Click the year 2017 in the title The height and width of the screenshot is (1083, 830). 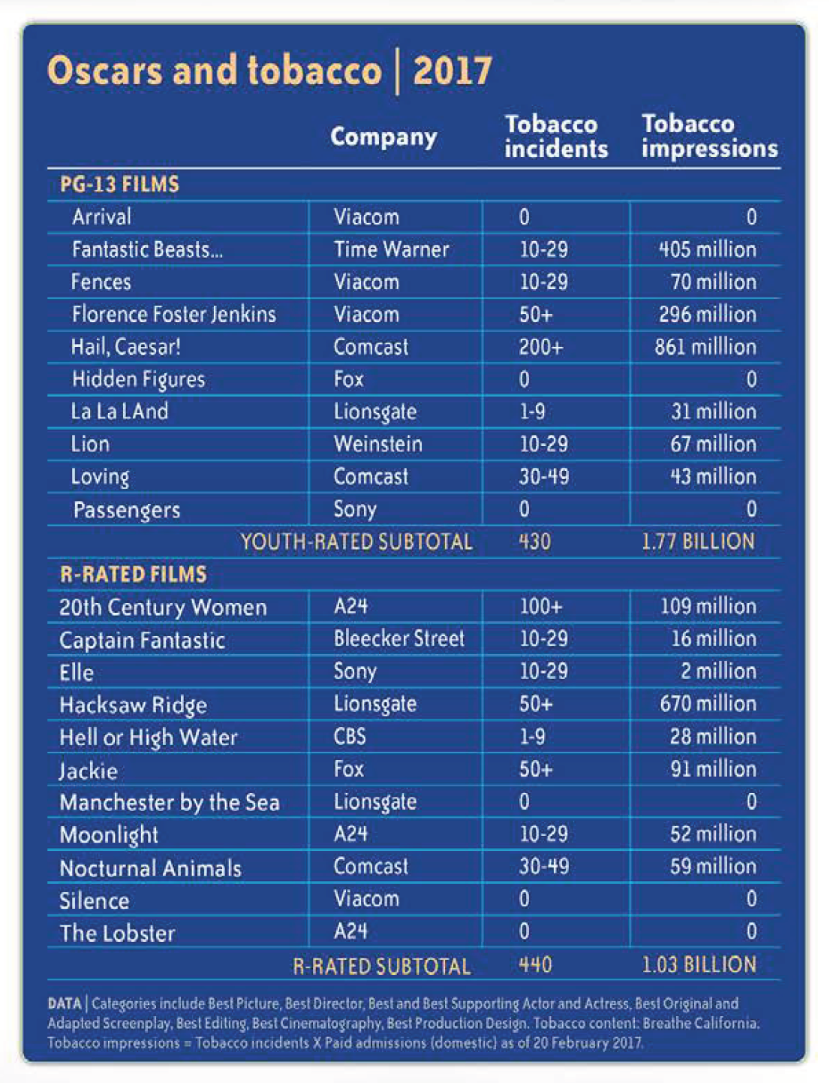pos(452,71)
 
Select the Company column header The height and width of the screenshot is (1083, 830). pos(383,137)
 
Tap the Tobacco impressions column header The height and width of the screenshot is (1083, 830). pos(709,136)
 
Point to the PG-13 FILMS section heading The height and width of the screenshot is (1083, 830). pos(119,185)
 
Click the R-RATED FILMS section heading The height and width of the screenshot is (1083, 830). pos(134,574)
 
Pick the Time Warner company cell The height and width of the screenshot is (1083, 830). pos(391,249)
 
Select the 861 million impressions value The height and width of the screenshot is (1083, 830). pos(705,347)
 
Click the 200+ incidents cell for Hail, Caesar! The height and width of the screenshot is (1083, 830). pos(541,347)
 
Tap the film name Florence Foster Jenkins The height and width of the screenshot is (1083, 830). pos(174,315)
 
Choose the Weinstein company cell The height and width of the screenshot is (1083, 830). pos(378,444)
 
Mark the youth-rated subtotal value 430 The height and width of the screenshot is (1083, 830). pos(535,541)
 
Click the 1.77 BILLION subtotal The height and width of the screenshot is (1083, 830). pos(699,541)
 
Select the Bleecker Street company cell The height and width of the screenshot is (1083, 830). pos(399,638)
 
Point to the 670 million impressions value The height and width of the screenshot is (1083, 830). pos(708,704)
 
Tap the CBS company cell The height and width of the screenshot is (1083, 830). pos(350,736)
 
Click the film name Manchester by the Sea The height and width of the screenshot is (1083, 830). pos(170,802)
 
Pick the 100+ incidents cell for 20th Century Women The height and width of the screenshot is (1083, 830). pos(541,606)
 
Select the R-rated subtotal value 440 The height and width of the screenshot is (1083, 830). pos(536,965)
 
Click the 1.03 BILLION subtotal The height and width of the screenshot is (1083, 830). pos(699,965)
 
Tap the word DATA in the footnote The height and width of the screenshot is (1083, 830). pos(65,1003)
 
